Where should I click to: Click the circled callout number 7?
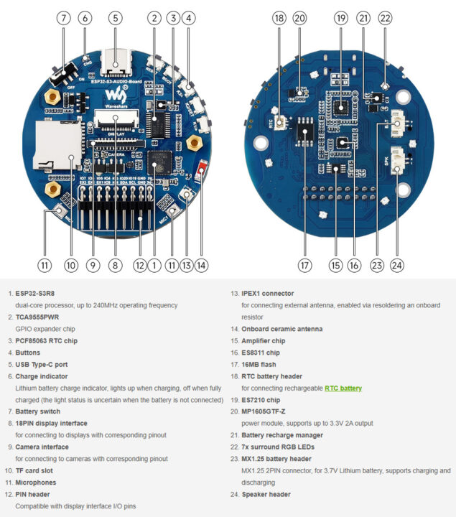[x=65, y=17]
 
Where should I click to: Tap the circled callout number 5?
[x=116, y=17]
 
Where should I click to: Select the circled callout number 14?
[x=201, y=265]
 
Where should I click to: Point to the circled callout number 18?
[x=279, y=17]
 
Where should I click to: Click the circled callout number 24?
[x=397, y=265]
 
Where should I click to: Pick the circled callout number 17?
[x=305, y=265]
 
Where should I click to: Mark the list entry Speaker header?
[x=266, y=494]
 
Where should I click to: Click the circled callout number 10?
[x=70, y=265]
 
